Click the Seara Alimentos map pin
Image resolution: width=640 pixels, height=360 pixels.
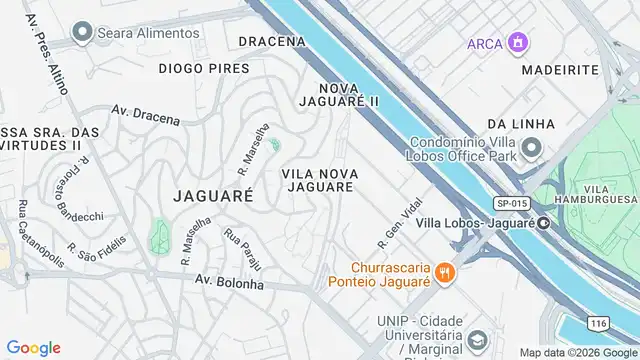click(x=81, y=33)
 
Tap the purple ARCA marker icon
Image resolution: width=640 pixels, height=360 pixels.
click(x=517, y=44)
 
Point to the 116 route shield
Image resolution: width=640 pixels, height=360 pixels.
click(x=599, y=325)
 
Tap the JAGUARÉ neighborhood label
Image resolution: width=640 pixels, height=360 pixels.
click(x=213, y=195)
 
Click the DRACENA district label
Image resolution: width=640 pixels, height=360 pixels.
click(x=272, y=42)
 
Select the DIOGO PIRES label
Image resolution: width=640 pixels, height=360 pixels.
click(x=204, y=69)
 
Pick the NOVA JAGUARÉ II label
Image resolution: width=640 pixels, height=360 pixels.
click(x=340, y=94)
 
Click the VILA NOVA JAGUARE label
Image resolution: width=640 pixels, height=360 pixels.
click(x=319, y=180)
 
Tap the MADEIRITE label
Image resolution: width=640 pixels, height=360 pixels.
click(x=560, y=70)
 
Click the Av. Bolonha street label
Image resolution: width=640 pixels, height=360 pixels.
click(x=229, y=283)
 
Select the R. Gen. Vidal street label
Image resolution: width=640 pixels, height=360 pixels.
click(x=394, y=228)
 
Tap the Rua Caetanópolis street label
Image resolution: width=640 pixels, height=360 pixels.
click(x=38, y=235)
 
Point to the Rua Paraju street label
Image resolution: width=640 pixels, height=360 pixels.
click(x=242, y=250)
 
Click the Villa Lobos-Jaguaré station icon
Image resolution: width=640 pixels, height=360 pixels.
click(x=542, y=223)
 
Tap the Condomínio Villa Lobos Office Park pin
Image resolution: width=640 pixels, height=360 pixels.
click(x=531, y=149)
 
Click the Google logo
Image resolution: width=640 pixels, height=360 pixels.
click(x=34, y=348)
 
